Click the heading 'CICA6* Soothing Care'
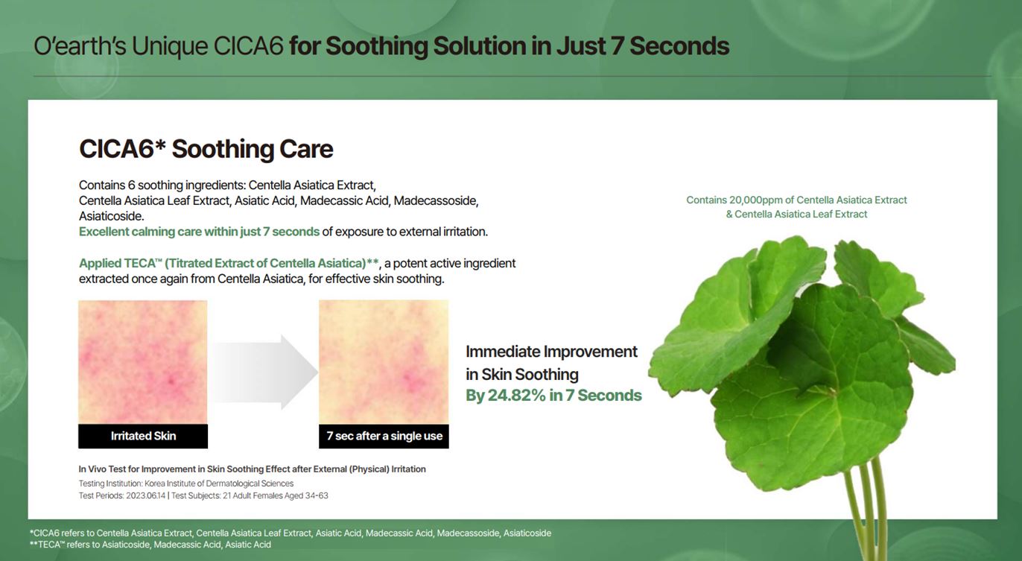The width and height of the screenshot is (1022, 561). point(206,149)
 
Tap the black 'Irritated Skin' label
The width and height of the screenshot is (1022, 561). point(143,436)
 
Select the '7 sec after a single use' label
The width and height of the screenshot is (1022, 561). point(384,436)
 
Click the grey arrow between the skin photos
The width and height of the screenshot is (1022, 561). point(264,372)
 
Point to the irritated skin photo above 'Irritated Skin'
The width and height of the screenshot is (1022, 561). point(143,362)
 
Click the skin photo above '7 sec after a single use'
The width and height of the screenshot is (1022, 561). point(384,362)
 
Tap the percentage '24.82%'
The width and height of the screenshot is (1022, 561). point(516,396)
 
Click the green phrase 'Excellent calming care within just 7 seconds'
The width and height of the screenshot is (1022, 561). point(199,232)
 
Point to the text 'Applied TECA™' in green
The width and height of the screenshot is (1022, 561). point(121,264)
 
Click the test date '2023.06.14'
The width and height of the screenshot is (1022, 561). point(145,495)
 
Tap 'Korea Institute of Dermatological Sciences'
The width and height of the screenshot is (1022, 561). point(219,484)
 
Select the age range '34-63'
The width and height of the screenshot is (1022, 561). point(316,495)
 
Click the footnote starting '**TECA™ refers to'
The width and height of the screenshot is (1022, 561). point(150,545)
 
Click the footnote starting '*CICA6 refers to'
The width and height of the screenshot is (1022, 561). point(291,533)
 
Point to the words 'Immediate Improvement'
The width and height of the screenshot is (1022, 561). point(551,352)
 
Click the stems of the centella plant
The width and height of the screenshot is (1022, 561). point(866,511)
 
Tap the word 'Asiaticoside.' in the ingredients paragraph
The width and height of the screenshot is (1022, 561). point(111,216)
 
